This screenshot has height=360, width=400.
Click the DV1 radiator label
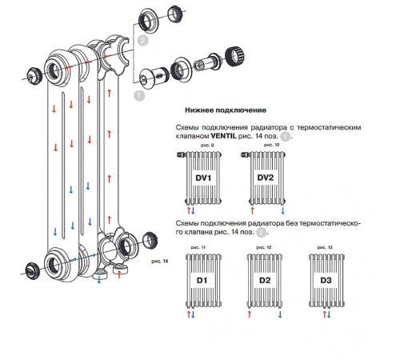click(203, 178)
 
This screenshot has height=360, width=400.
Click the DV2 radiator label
click(266, 178)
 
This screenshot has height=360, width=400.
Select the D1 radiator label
click(202, 280)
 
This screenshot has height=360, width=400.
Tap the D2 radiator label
click(265, 280)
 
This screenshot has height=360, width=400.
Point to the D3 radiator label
click(326, 280)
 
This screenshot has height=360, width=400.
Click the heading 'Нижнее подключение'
click(226, 110)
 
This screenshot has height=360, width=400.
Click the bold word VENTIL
click(223, 136)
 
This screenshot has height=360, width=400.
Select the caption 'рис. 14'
click(160, 262)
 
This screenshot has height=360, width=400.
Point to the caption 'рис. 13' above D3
click(325, 247)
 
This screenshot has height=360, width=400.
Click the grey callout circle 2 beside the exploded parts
click(142, 41)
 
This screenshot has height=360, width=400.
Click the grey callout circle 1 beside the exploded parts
click(139, 95)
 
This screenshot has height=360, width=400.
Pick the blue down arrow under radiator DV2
click(283, 210)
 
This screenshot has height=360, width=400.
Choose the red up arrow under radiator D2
click(250, 314)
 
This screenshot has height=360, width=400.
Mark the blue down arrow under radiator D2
click(280, 314)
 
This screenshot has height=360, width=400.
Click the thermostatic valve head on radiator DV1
click(182, 154)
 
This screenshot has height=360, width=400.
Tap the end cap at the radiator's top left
click(34, 76)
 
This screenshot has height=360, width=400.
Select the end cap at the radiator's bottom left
click(33, 270)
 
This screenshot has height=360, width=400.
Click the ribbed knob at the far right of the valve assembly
click(235, 57)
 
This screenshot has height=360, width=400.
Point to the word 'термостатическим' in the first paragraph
click(329, 127)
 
